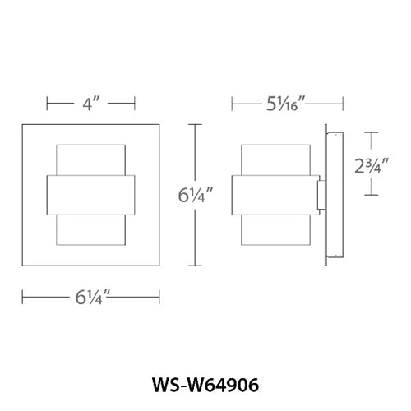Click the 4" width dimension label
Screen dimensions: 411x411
(x=90, y=105)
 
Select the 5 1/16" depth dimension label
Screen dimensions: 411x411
(x=286, y=104)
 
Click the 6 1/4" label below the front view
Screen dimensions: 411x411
(x=90, y=295)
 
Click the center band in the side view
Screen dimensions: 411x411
(x=275, y=196)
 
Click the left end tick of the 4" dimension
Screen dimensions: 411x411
(x=47, y=105)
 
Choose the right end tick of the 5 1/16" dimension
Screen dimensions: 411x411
(x=342, y=104)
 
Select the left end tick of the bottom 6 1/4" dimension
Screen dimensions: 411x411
(x=22, y=295)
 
